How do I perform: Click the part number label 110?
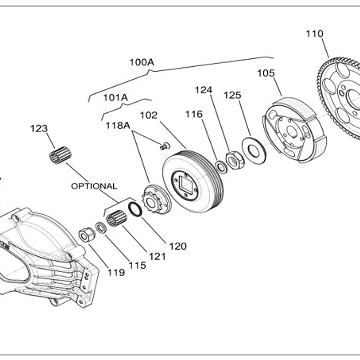pyautogui.click(x=315, y=34)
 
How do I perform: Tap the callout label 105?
pyautogui.click(x=266, y=73)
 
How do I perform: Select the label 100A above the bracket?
pyautogui.click(x=142, y=62)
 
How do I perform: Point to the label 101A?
pyautogui.click(x=116, y=98)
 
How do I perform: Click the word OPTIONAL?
pyautogui.click(x=94, y=186)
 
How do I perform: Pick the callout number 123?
pyautogui.click(x=39, y=128)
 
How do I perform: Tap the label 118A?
pyautogui.click(x=117, y=125)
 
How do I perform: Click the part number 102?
pyautogui.click(x=148, y=115)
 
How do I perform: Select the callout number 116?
pyautogui.click(x=194, y=114)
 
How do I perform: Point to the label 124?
pyautogui.click(x=204, y=90)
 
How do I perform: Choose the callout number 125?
pyautogui.click(x=232, y=95)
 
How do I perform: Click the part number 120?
pyautogui.click(x=178, y=246)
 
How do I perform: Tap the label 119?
pyautogui.click(x=116, y=272)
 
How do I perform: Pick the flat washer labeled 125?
pyautogui.click(x=253, y=150)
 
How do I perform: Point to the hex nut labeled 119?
pyautogui.click(x=87, y=234)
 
